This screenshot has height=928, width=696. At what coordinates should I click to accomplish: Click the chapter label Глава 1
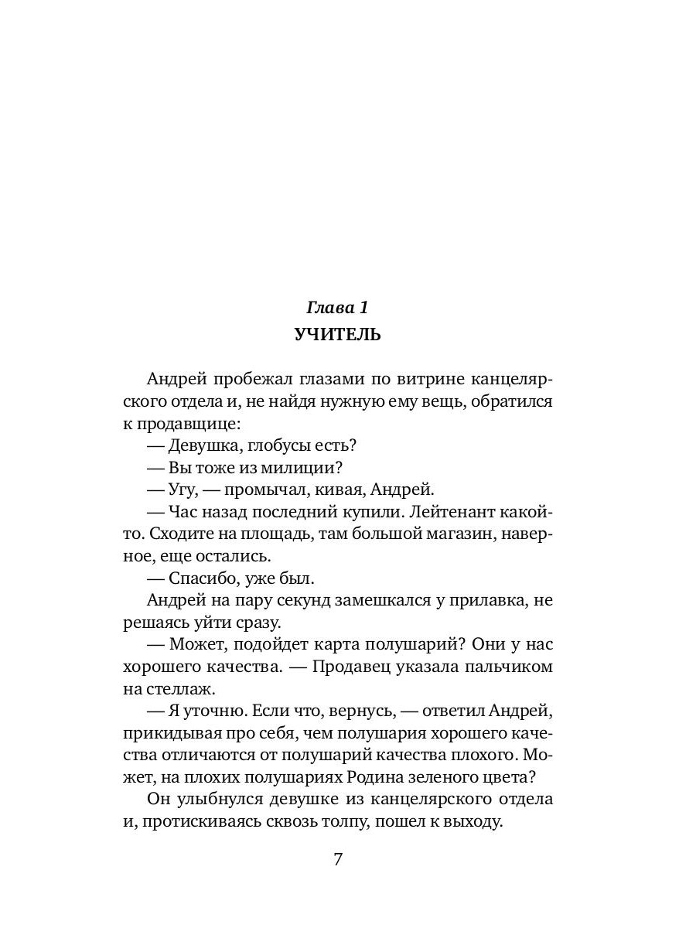(337, 307)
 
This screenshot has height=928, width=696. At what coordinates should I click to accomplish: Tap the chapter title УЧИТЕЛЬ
(337, 334)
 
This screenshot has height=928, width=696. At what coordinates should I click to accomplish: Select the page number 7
(337, 859)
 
